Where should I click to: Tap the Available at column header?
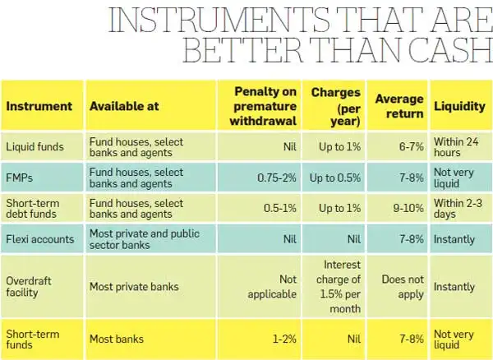pyautogui.click(x=124, y=106)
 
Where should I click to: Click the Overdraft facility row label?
pyautogui.click(x=31, y=287)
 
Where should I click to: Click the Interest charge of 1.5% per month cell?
pyautogui.click(x=334, y=287)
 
